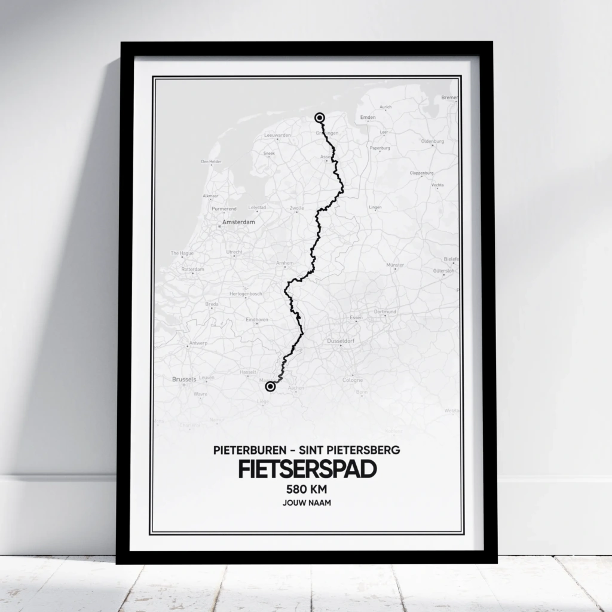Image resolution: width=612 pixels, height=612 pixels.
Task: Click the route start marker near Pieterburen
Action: click(320, 118)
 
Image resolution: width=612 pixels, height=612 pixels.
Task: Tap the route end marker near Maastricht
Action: click(270, 387)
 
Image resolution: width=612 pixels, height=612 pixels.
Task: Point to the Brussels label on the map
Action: click(184, 380)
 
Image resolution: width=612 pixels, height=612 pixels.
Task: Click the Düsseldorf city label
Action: click(341, 341)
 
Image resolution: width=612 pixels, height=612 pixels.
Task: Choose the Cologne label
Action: click(352, 380)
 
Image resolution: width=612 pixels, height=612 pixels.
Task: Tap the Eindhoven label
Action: click(257, 320)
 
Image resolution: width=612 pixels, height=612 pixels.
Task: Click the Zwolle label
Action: click(297, 209)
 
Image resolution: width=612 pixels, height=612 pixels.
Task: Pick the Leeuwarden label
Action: click(277, 136)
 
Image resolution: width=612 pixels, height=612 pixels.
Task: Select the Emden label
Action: click(369, 117)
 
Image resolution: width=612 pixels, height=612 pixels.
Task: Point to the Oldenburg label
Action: click(433, 142)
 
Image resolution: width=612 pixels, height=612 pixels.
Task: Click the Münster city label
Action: click(396, 264)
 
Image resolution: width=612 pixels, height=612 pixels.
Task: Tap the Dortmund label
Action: click(385, 312)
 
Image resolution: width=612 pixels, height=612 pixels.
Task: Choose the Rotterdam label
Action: click(192, 269)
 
